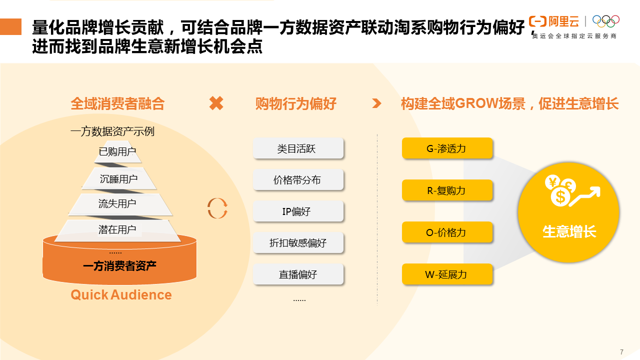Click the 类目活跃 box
(298, 148)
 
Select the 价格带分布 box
(298, 179)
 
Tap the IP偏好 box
(298, 211)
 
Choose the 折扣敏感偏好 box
(298, 242)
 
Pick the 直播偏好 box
(298, 274)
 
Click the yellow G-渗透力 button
(447, 148)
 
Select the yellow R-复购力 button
(447, 190)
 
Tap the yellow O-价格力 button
(447, 232)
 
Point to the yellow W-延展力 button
(447, 274)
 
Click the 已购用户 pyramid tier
(117, 151)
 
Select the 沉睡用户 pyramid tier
(118, 178)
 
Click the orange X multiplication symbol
(216, 103)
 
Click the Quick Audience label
(121, 295)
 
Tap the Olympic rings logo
(605, 21)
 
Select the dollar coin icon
(560, 196)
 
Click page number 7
(621, 352)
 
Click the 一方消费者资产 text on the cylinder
(119, 266)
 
